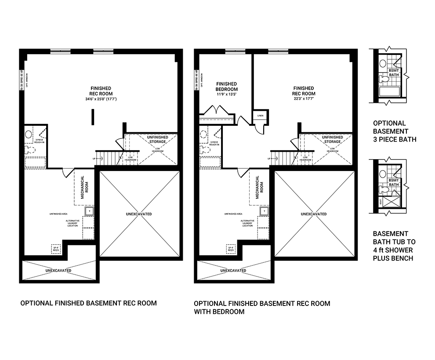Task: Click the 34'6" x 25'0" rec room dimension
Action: point(101,99)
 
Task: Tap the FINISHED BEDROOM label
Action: point(226,86)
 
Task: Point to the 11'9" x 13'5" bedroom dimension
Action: point(226,95)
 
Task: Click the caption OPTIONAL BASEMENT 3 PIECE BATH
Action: point(395,131)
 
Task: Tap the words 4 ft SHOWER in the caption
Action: point(393,250)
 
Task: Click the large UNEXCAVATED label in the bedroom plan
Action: point(314,214)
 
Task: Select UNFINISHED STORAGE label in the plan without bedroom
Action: point(156,139)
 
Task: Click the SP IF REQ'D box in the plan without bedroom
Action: point(56,248)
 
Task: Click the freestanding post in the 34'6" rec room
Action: point(92,116)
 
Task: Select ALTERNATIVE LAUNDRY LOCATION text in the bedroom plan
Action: point(247,223)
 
